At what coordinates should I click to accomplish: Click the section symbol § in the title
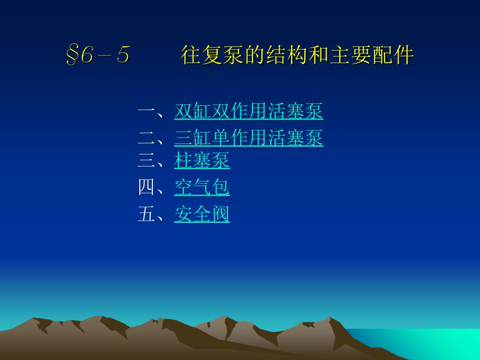pos(71,55)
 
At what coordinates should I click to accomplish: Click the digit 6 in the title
pos(87,54)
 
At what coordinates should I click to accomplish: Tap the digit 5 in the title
pos(123,54)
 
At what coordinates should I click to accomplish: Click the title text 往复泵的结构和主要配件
pos(297,55)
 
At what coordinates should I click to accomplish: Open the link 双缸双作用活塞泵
pos(248,111)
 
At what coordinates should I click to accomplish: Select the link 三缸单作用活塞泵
pos(248,137)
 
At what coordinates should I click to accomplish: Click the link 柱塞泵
pos(202,160)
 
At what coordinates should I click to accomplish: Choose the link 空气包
pos(202,187)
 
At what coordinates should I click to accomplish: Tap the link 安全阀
pos(202,214)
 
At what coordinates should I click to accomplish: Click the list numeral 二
pos(147,137)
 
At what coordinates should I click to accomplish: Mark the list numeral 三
pos(147,160)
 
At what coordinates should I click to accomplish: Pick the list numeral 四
pos(147,187)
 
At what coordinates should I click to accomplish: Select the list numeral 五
pos(147,214)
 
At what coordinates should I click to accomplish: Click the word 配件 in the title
pos(393,55)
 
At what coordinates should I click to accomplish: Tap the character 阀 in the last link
pos(221,214)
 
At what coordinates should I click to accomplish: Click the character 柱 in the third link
pos(183,160)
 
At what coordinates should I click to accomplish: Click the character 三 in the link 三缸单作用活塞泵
pos(183,137)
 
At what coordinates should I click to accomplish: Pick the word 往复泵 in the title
pos(212,55)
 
